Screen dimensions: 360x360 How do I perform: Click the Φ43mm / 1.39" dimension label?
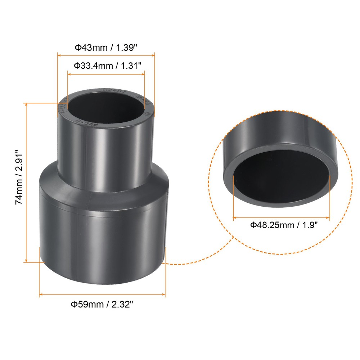click(x=106, y=47)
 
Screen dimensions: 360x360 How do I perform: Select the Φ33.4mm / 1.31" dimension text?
click(x=107, y=66)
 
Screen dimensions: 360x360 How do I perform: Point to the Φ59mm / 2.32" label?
click(x=102, y=305)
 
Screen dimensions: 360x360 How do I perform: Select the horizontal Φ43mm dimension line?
click(x=106, y=55)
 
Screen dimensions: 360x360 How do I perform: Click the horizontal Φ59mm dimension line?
click(x=103, y=294)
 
